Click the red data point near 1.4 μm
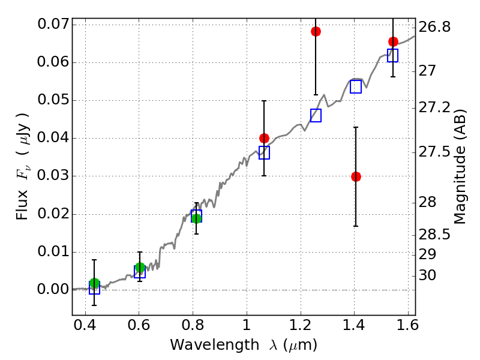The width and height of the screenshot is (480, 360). pos(356,176)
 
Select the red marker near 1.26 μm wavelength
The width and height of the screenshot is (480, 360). pos(316,31)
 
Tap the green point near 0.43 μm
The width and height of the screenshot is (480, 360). pos(94,283)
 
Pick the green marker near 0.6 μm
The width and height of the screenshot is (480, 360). pos(140,268)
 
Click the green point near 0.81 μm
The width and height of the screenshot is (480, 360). pos(196,218)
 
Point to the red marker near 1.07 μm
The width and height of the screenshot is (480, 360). pos(264,138)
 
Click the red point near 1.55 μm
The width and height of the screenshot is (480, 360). pos(393,41)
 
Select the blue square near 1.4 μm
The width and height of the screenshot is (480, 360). pos(356,86)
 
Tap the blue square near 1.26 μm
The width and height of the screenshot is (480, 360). pos(316,115)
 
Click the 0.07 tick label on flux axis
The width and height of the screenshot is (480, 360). pos(52,25)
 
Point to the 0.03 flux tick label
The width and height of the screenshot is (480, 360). pos(52,176)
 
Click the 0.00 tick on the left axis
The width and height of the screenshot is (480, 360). pos(52,290)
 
